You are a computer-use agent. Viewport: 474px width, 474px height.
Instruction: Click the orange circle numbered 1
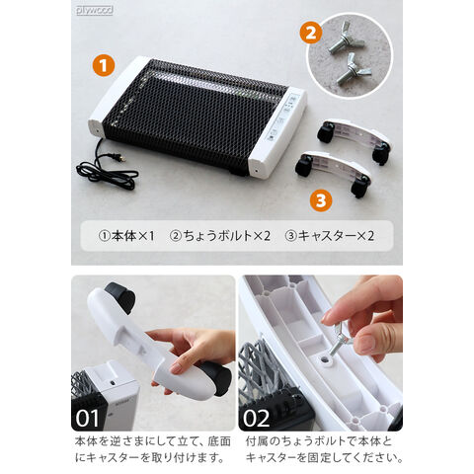(104, 65)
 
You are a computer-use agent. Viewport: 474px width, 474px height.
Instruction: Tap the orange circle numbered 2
(311, 33)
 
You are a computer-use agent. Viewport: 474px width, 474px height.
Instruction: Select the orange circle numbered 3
(321, 200)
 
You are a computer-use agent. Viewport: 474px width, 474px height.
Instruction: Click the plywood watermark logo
(95, 10)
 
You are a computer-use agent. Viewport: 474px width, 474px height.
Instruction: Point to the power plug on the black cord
(121, 159)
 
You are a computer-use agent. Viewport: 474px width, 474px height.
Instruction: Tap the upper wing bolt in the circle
(347, 38)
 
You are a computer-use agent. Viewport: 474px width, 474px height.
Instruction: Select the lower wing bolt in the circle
(353, 69)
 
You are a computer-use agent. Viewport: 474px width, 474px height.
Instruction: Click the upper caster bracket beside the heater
(354, 139)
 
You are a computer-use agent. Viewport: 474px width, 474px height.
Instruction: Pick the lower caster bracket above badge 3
(333, 172)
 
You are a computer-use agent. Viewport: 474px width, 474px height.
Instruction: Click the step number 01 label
(87, 418)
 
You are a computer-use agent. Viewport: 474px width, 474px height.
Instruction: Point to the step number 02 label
(256, 418)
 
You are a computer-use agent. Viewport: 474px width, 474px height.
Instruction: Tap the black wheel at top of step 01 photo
(120, 297)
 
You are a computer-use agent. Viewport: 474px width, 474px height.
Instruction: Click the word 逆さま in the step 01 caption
(121, 441)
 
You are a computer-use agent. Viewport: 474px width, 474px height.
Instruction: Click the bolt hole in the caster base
(326, 359)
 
